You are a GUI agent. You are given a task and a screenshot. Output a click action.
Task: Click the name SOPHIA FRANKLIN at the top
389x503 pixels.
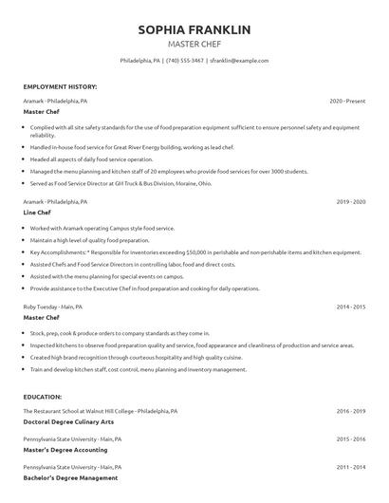click(194, 30)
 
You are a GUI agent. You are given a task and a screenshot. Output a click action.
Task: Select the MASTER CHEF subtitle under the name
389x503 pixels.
click(194, 45)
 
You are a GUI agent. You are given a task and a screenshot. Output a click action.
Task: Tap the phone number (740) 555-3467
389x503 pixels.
click(186, 60)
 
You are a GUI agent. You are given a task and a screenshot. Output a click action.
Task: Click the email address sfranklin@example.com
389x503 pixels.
click(239, 60)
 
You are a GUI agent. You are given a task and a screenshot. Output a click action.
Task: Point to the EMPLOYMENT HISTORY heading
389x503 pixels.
click(59, 86)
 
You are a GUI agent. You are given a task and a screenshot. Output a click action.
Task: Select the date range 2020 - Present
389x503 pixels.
click(347, 100)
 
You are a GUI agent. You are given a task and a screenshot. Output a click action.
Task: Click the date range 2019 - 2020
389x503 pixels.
click(350, 202)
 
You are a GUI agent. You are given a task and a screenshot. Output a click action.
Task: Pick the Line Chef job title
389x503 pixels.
click(38, 213)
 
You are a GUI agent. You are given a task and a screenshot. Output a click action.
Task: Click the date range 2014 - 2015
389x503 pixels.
click(350, 307)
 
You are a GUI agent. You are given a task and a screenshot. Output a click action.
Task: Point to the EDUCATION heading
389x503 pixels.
click(42, 397)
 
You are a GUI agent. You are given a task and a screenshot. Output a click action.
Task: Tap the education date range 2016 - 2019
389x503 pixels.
click(350, 411)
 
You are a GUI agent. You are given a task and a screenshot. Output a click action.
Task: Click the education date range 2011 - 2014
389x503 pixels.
click(350, 467)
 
